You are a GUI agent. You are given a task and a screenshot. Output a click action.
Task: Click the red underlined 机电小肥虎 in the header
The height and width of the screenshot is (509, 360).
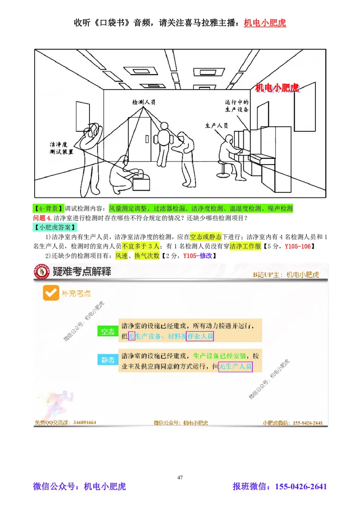pos(265,22)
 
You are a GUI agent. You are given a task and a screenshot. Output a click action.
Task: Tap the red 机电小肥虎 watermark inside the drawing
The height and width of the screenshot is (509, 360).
pos(277,87)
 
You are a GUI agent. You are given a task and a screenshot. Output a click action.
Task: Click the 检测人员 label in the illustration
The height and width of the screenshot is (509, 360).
pos(144,103)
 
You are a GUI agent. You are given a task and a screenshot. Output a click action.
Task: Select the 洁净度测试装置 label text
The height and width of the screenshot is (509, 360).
pos(61,149)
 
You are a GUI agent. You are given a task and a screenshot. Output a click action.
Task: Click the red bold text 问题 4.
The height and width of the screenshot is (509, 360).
pos(40,219)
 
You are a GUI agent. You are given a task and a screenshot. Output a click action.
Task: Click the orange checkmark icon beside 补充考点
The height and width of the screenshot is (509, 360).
pos(49,293)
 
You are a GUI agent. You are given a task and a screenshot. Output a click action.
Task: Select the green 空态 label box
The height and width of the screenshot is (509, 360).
pos(107,332)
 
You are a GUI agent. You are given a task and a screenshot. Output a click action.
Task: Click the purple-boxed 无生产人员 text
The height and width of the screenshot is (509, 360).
pos(235,366)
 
